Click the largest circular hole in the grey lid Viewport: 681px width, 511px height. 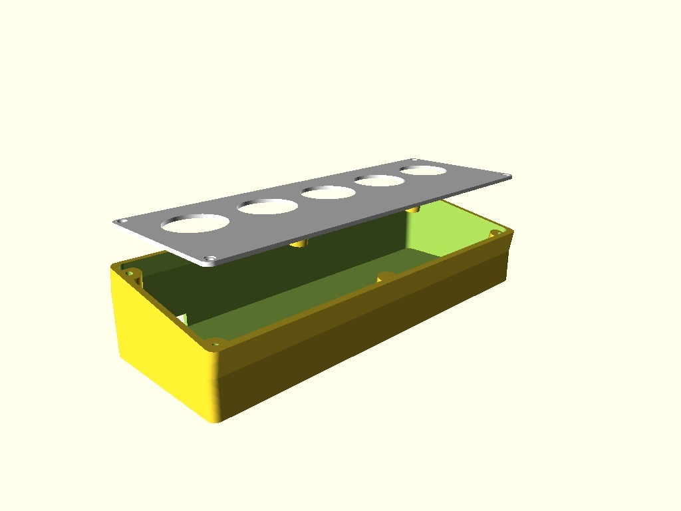coord(195,223)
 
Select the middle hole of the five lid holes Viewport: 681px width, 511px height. coord(329,192)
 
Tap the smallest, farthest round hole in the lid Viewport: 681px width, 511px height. coord(423,170)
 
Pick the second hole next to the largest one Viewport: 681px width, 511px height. coord(267,206)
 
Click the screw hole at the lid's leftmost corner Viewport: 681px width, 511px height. coord(120,222)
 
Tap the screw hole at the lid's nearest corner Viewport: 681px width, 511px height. coord(211,258)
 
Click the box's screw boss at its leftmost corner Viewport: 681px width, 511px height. coord(130,273)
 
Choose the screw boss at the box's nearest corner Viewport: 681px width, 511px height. coord(215,344)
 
